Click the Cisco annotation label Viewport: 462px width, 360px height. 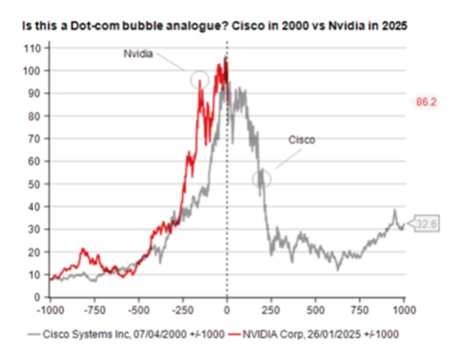click(x=301, y=140)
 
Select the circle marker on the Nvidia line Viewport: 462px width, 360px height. click(x=200, y=79)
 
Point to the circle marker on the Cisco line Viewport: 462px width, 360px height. click(x=262, y=178)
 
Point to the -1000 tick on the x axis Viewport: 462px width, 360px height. click(x=49, y=310)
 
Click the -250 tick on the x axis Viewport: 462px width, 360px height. click(x=183, y=310)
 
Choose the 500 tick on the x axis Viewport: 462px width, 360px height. click(x=316, y=310)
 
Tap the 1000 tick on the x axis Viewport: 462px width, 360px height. click(x=404, y=310)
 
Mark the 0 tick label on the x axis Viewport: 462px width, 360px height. click(x=227, y=310)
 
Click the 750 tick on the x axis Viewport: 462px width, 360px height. click(x=360, y=310)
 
